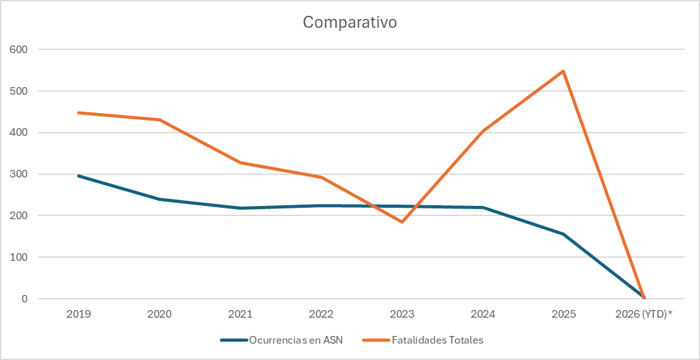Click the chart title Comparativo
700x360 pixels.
pyautogui.click(x=349, y=22)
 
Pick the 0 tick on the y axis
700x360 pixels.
pyautogui.click(x=25, y=299)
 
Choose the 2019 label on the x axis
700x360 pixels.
pyautogui.click(x=78, y=314)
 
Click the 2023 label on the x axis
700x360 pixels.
pyautogui.click(x=402, y=314)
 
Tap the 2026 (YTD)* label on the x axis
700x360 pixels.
pyautogui.click(x=644, y=314)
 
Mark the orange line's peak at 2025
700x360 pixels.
pyautogui.click(x=563, y=71)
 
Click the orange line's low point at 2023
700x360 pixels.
pyautogui.click(x=402, y=222)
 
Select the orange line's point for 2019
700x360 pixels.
pyautogui.click(x=78, y=112)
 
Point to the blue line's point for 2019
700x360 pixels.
pyautogui.click(x=78, y=176)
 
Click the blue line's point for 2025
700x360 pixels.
pyautogui.click(x=563, y=234)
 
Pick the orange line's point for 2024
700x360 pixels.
pyautogui.click(x=483, y=131)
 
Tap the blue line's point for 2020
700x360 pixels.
pyautogui.click(x=159, y=199)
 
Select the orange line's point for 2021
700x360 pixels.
pyautogui.click(x=240, y=162)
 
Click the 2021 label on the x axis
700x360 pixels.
pyautogui.click(x=240, y=314)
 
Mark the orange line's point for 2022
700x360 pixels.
pyautogui.click(x=321, y=177)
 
